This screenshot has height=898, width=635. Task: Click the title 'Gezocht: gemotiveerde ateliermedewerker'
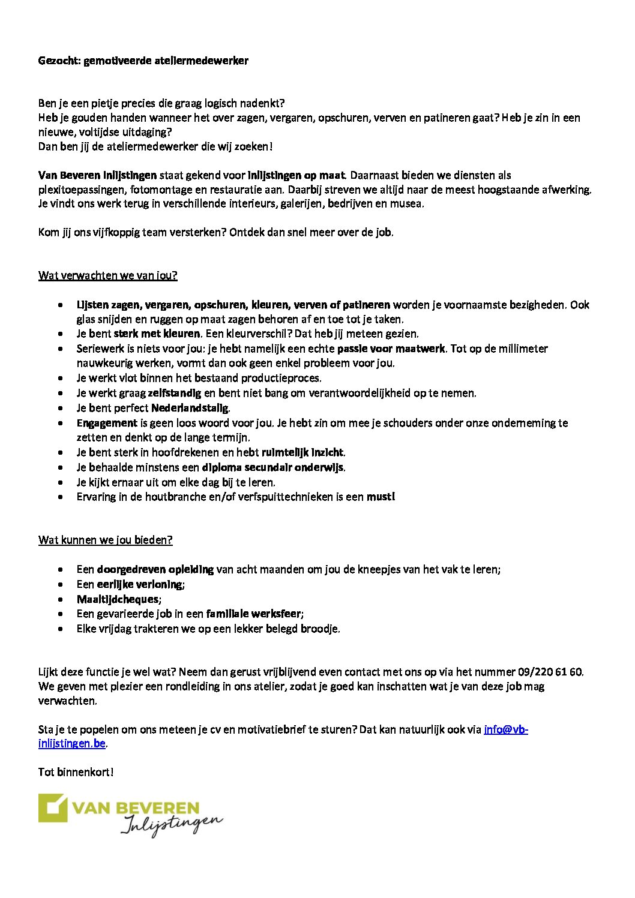click(143, 61)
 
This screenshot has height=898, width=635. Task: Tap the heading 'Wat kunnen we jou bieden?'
click(106, 540)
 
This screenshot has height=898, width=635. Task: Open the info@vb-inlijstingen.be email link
click(505, 730)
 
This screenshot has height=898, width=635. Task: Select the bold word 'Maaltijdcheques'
click(118, 599)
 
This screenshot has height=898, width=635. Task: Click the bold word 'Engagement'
click(107, 423)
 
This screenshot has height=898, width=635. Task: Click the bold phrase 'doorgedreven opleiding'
click(155, 569)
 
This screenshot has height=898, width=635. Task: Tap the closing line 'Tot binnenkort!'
click(76, 772)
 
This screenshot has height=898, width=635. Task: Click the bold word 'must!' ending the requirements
click(381, 497)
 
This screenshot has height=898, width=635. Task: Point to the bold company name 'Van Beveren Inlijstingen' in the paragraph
click(97, 175)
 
